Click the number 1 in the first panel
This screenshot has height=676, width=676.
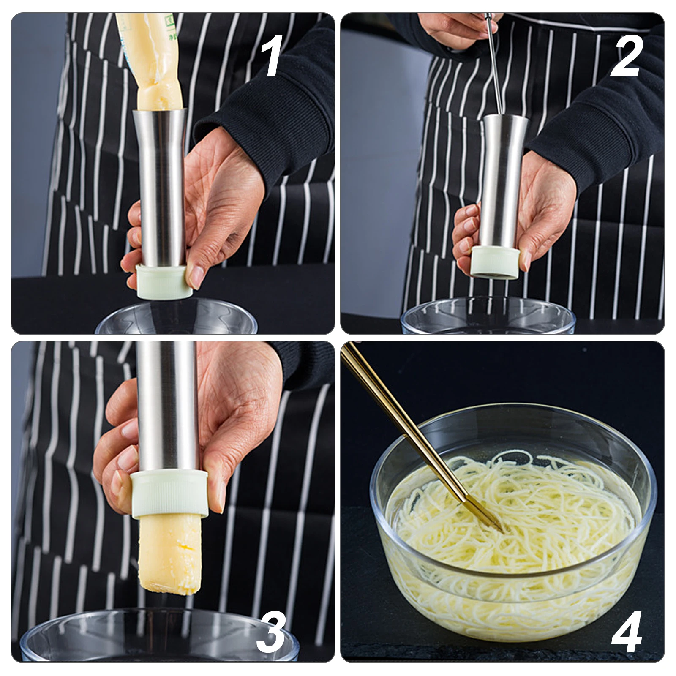272,56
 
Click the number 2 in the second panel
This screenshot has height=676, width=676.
626,56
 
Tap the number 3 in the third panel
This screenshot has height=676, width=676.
270,632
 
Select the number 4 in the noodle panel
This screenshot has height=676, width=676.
627,632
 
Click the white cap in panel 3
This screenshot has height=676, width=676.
169,494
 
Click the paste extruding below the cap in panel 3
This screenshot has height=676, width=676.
169,553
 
